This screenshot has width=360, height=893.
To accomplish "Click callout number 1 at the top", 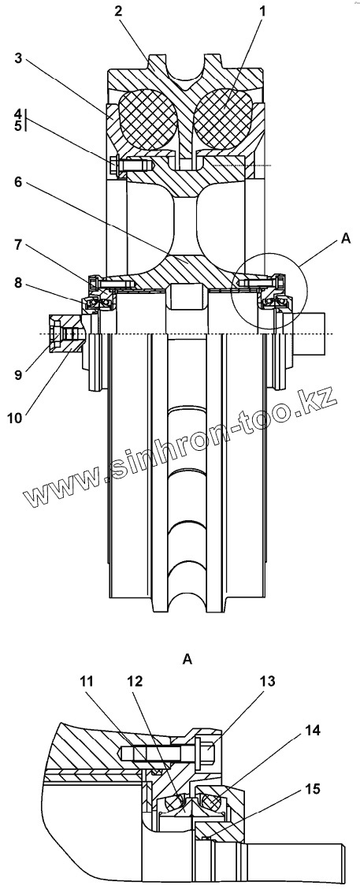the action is point(262,10).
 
